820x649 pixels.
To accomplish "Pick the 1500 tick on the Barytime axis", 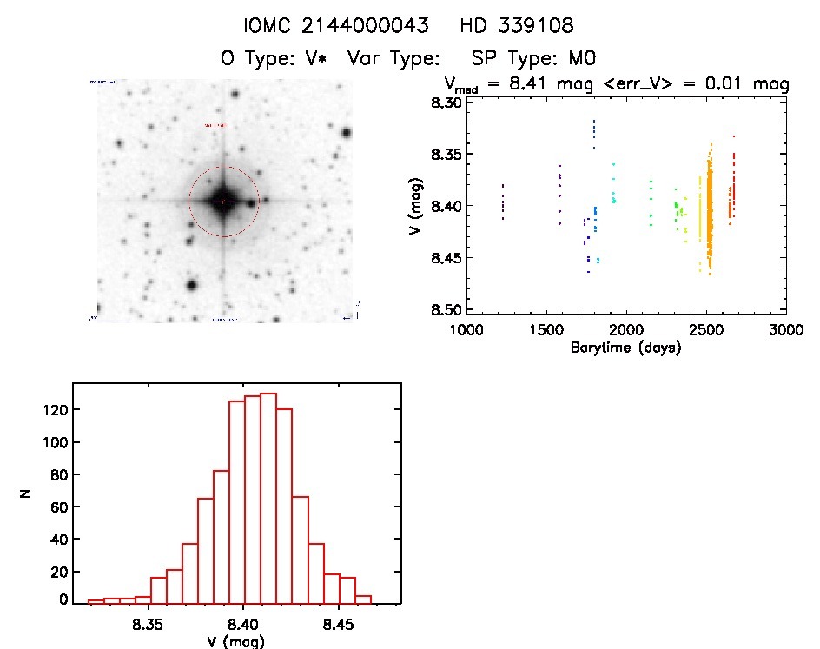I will pos(547,331).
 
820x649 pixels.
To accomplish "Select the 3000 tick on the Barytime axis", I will pos(785,331).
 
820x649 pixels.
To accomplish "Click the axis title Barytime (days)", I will pos(625,348).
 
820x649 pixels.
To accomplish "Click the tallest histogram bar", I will pos(268,497).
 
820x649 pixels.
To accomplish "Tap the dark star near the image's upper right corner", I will pos(347,133).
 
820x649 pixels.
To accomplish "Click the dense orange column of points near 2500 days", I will pos(709,209).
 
